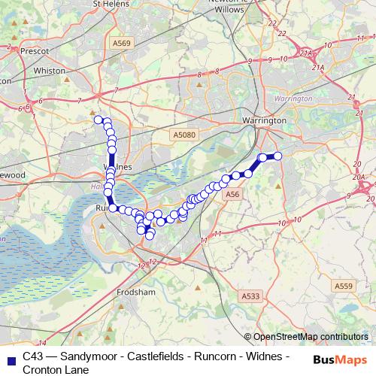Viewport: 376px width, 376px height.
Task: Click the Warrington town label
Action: pos(264,120)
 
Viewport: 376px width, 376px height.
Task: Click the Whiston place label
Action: pos(51,71)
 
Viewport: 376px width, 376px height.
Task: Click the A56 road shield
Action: pos(232,194)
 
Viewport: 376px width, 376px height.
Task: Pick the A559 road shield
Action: pos(343,286)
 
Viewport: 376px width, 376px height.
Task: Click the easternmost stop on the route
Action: pos(277,156)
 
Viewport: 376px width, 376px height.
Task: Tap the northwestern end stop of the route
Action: pos(98,119)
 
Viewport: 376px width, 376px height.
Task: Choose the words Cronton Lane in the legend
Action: pos(56,369)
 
